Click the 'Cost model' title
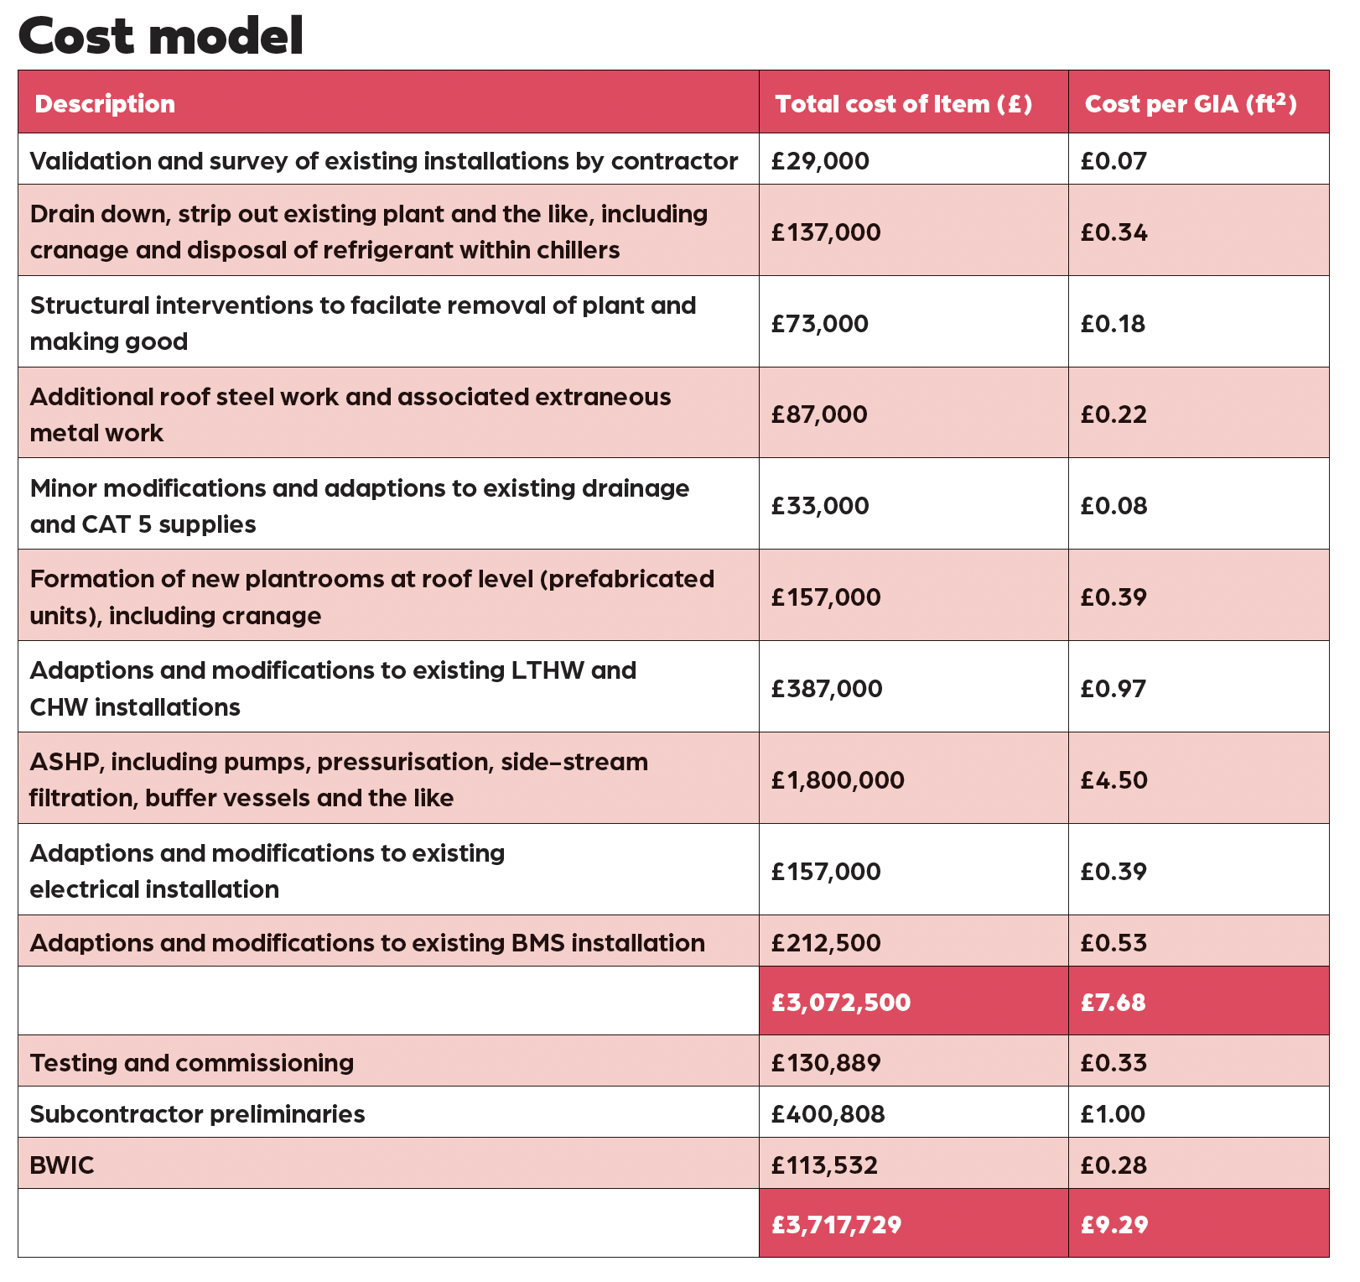pos(160,36)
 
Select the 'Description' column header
pos(105,103)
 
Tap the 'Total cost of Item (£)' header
pos(903,103)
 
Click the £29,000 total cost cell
pos(820,160)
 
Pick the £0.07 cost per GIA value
pos(1113,160)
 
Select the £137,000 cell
pos(826,232)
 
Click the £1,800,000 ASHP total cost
pos(838,779)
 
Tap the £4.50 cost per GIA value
pos(1113,779)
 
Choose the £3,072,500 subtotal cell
pos(841,1002)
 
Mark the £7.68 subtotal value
pos(1113,1002)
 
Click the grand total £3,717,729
pos(836,1224)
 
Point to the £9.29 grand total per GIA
pos(1113,1224)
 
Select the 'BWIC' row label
pos(62,1165)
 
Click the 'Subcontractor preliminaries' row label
pos(197,1113)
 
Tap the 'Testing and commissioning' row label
pos(191,1062)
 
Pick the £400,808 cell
pos(828,1113)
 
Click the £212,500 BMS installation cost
pos(826,942)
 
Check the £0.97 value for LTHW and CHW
pos(1113,688)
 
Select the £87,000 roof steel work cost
pos(819,414)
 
